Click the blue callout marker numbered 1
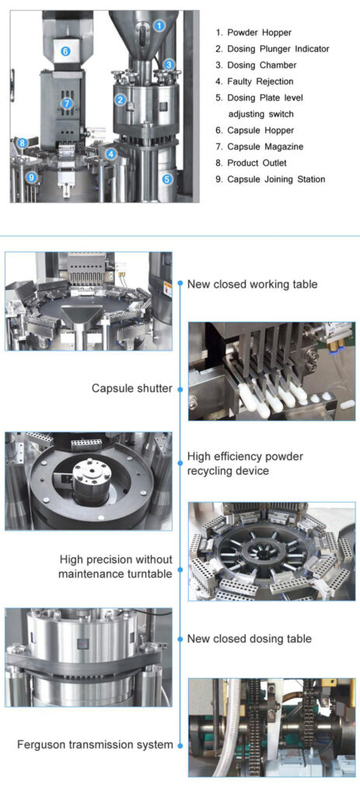pos(159,25)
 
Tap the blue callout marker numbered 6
pos(65,51)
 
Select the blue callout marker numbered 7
pos(68,103)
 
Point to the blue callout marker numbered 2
pos(121,99)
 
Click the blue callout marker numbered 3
pos(170,65)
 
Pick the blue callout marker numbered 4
pos(112,154)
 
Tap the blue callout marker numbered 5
pos(167,178)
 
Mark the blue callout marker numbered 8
pos(23,143)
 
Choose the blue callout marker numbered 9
pos(31,177)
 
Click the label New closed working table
pos(252,285)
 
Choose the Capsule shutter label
pos(132,388)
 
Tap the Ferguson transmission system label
pos(95,745)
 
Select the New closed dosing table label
pos(249,638)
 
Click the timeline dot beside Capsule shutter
pos(180,388)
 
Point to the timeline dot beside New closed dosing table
pos(180,639)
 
